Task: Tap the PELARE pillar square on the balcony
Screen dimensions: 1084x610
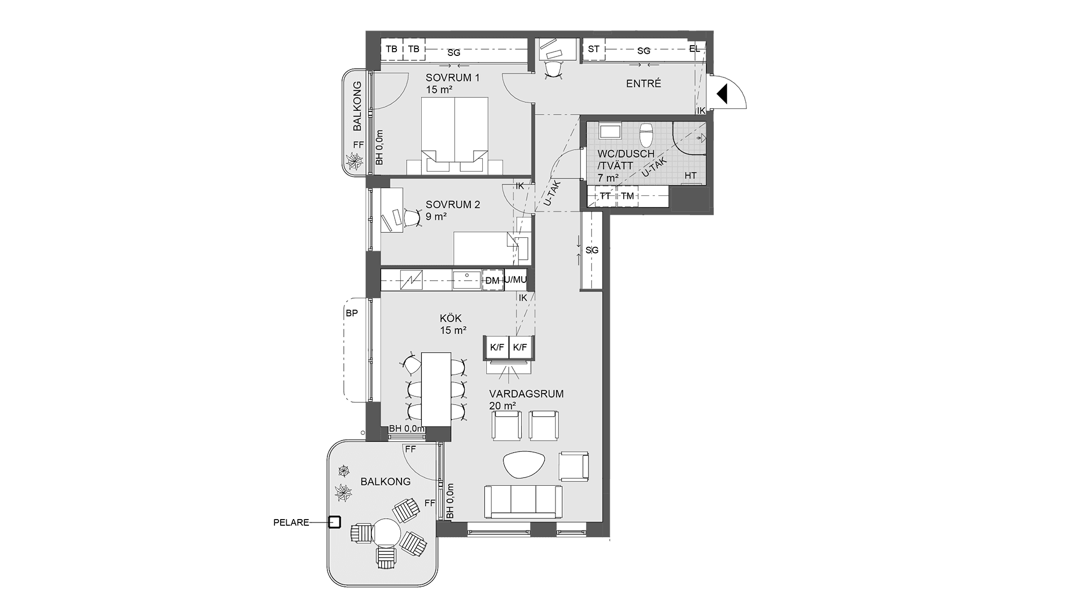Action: (335, 522)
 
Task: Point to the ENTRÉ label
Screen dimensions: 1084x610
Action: (644, 84)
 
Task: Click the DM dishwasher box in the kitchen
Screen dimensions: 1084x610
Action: (492, 280)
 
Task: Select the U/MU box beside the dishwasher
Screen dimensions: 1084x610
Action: (515, 280)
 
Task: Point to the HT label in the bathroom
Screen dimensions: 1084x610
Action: (690, 176)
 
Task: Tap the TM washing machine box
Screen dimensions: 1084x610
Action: (627, 196)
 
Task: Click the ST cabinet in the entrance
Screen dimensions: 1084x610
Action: (593, 49)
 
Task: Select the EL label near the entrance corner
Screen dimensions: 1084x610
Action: (694, 49)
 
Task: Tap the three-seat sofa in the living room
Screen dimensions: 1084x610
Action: (523, 501)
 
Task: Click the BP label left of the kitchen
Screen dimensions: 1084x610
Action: (352, 313)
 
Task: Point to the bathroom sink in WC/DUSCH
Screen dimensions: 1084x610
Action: (610, 133)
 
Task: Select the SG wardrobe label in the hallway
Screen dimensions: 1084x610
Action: (592, 250)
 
